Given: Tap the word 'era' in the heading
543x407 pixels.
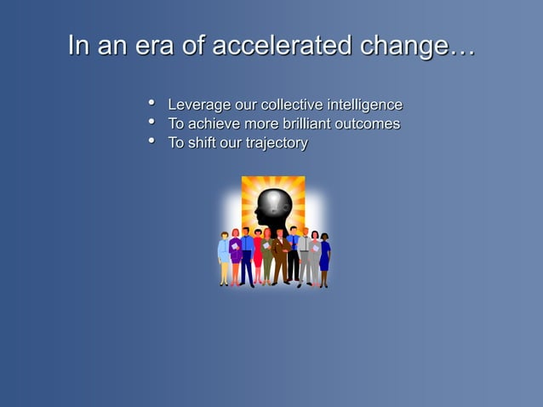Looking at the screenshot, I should (156, 46).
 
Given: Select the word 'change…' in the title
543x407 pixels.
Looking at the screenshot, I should (416, 46).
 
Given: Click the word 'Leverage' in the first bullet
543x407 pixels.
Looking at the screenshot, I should (199, 105).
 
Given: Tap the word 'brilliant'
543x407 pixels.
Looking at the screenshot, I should (303, 124).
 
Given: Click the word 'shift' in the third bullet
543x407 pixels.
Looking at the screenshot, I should (202, 143).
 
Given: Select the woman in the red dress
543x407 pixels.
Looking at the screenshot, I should (258, 255).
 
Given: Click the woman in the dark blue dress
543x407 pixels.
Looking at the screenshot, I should (324, 258).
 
